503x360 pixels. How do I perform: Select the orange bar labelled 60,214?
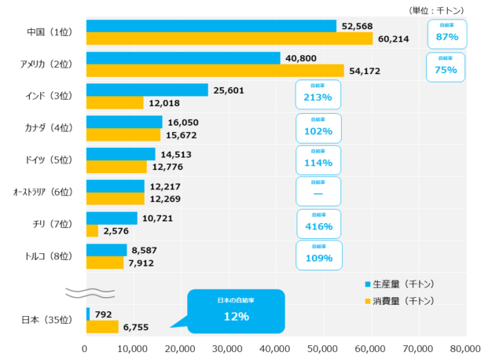(x=229, y=39)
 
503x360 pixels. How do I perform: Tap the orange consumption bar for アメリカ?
(x=215, y=71)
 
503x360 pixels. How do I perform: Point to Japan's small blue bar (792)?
(x=87, y=314)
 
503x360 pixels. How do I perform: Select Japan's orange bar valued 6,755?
(x=101, y=326)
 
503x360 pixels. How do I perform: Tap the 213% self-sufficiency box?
(x=318, y=94)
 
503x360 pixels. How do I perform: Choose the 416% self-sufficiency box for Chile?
(x=318, y=223)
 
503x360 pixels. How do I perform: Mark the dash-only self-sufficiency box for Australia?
(x=318, y=191)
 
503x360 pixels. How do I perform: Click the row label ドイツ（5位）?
(x=49, y=160)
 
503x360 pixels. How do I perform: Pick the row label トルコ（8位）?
(x=49, y=255)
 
